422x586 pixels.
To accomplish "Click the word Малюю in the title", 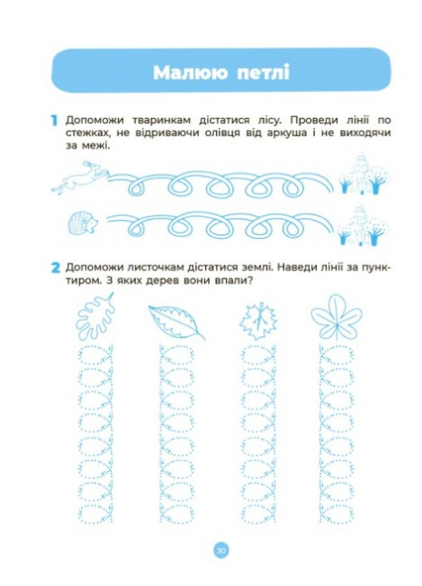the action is tap(190, 72).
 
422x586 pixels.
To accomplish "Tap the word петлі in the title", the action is tap(263, 72).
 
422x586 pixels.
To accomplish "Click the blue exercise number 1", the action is tap(54, 121).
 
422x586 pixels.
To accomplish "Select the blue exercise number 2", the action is tap(55, 268).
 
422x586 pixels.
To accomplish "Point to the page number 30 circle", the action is tap(221, 551).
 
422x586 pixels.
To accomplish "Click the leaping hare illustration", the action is tap(80, 177).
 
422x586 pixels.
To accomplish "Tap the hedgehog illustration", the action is tap(83, 223).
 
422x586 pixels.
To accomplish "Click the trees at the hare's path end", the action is tap(365, 174).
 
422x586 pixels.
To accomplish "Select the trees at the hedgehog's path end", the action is tap(363, 225).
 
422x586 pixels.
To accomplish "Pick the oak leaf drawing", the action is tap(95, 316).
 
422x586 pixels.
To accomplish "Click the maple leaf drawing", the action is tap(259, 321).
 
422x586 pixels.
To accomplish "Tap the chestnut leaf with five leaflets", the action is tap(337, 317).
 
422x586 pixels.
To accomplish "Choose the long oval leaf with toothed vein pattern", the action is tap(176, 322).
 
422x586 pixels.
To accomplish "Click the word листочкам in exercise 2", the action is tap(156, 268).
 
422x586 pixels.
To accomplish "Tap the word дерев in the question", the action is tap(161, 281).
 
